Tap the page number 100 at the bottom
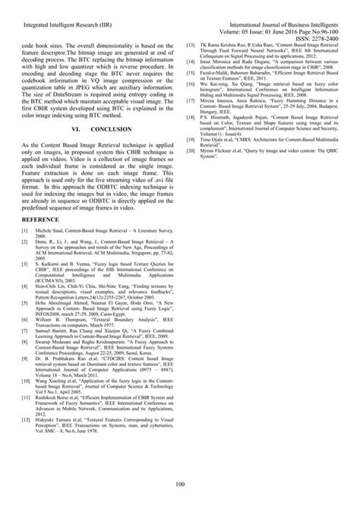(180, 485)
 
